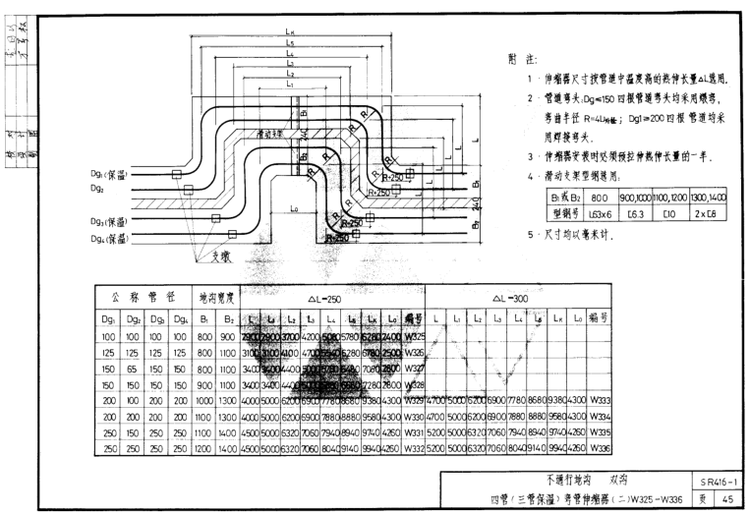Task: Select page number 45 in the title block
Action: tap(726, 498)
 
